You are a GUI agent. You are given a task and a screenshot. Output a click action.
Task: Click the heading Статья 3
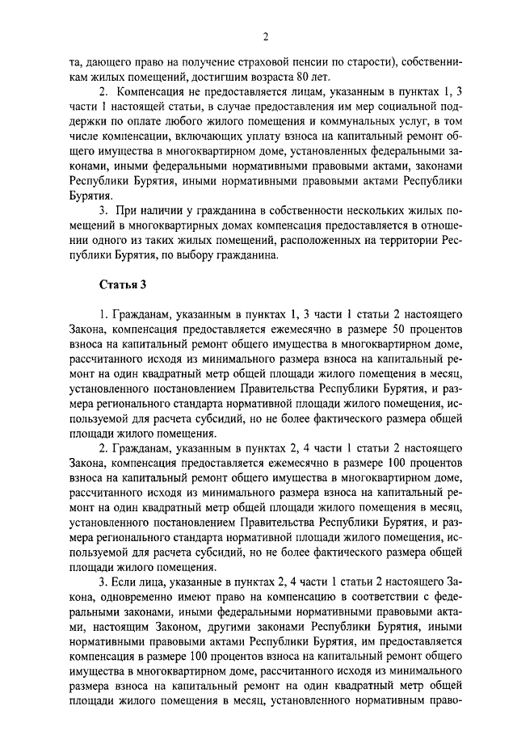122,285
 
